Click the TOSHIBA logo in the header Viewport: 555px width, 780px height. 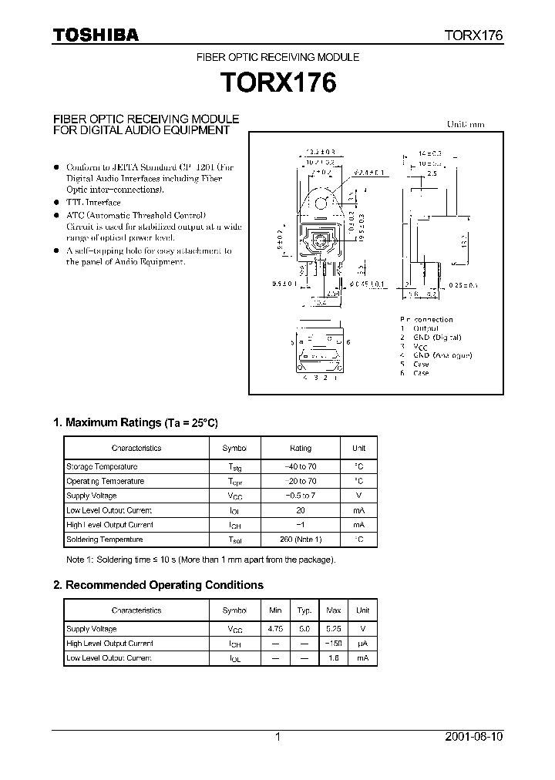(96, 35)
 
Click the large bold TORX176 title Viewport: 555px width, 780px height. (278, 82)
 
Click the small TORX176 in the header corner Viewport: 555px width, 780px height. (473, 35)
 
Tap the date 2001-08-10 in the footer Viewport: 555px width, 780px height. (473, 737)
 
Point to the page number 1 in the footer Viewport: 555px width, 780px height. (277, 737)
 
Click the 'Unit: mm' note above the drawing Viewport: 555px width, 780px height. (466, 124)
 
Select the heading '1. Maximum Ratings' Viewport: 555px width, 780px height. (135, 422)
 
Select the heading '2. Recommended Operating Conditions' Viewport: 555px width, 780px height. (158, 585)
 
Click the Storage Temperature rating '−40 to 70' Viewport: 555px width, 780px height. (301, 466)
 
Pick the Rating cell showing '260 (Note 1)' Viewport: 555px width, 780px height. (301, 540)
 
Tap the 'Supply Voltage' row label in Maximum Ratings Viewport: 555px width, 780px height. (92, 496)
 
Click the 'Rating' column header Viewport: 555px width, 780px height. (301, 448)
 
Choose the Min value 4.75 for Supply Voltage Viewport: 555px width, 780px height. (275, 629)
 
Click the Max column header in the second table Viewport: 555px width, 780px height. (333, 610)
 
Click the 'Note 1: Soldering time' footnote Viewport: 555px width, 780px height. (200, 560)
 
